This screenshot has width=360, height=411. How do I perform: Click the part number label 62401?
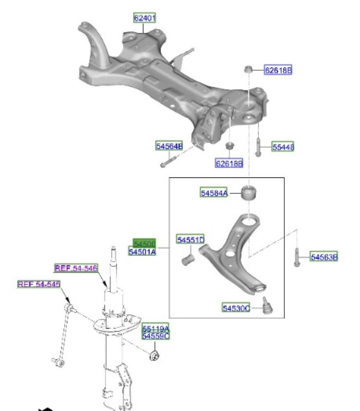144,18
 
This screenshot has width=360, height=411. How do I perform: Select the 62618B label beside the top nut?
278,70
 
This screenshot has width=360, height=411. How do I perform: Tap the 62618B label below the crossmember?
229,164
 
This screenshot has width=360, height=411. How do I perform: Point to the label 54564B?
169,146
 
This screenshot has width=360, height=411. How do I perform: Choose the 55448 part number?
283,147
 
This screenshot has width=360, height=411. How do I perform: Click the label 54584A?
214,192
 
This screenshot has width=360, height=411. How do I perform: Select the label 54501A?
142,252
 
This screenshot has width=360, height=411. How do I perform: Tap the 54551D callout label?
191,239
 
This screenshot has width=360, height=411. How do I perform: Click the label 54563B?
324,257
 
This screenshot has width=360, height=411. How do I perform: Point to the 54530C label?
236,307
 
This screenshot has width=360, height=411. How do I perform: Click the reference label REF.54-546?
76,268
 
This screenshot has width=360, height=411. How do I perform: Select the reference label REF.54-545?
39,284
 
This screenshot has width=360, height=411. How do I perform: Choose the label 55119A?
156,329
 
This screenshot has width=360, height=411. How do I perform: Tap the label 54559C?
156,336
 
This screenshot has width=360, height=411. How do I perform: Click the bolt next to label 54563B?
297,257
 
